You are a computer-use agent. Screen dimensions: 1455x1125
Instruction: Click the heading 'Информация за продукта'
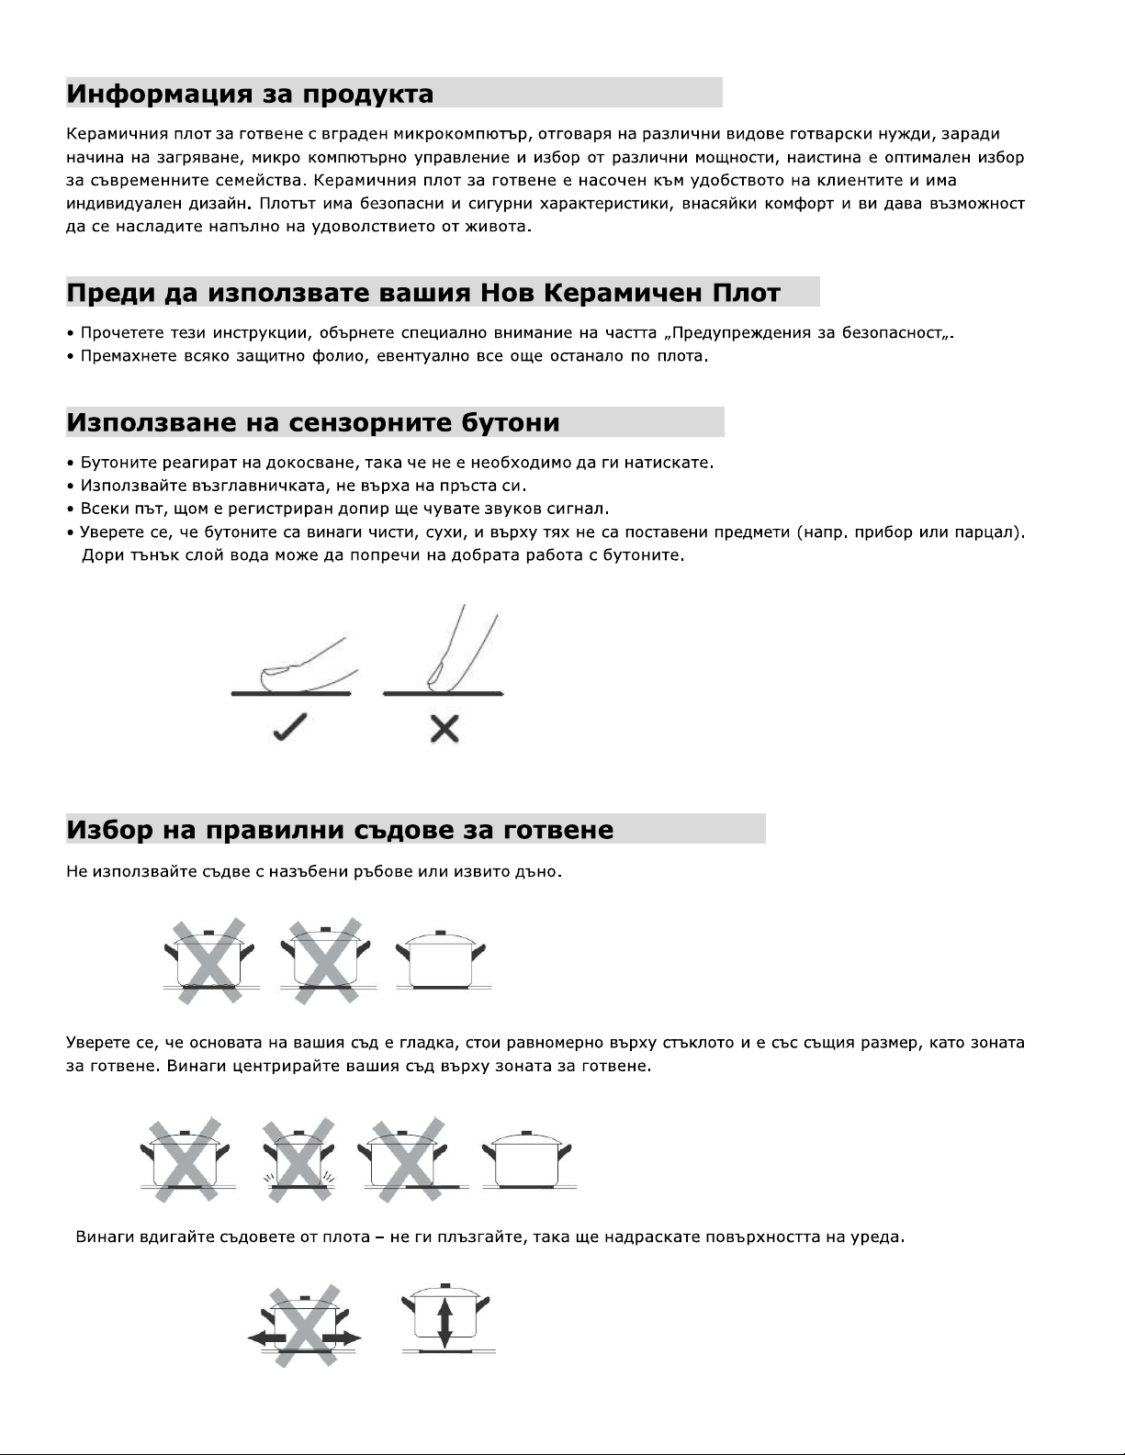tap(250, 95)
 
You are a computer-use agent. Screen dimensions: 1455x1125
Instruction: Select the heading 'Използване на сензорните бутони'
tap(312, 423)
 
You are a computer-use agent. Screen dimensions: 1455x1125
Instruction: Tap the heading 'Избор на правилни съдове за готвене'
tap(340, 831)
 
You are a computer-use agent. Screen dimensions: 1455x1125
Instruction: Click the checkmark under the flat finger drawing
tap(290, 731)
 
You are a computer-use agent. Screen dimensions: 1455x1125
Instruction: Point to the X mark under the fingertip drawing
tap(444, 730)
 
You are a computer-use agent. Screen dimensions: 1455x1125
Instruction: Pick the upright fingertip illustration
tap(455, 647)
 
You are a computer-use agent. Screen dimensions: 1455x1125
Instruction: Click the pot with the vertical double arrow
tap(445, 1318)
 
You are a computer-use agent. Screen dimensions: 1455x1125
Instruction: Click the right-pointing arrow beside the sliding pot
tap(350, 1338)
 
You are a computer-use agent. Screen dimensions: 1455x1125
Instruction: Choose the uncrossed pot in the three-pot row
tap(441, 960)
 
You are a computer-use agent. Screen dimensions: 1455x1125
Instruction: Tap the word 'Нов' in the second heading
tap(503, 294)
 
